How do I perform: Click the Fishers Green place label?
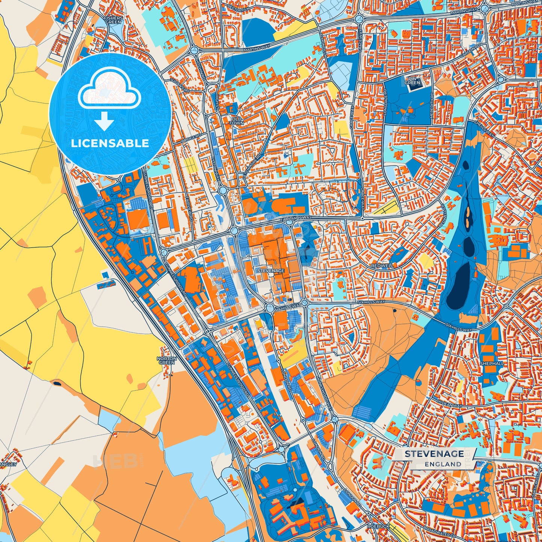[x=113, y=20]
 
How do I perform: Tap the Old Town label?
[x=236, y=121]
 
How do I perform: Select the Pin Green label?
[x=412, y=81]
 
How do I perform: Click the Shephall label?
[x=492, y=363]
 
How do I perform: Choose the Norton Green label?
[x=167, y=360]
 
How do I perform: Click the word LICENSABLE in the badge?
[x=110, y=143]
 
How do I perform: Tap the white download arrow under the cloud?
[x=104, y=122]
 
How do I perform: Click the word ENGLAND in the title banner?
[x=443, y=464]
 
